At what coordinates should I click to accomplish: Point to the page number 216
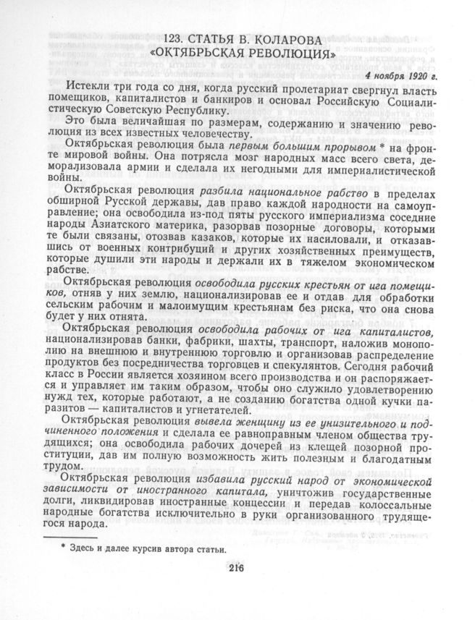pos(237,567)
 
